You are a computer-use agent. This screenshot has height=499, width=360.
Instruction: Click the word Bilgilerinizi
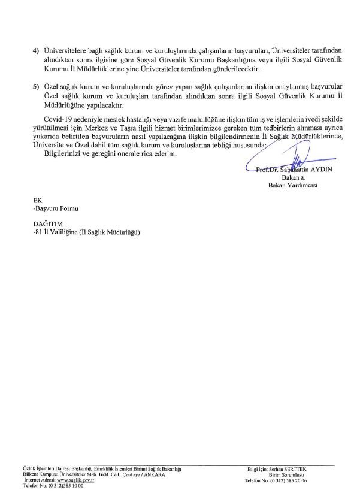[53, 155]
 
